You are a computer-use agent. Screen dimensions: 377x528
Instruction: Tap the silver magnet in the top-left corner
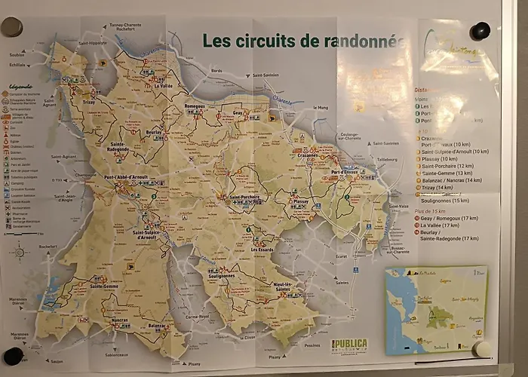click(x=11, y=27)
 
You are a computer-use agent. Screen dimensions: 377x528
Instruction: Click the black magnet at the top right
click(x=480, y=31)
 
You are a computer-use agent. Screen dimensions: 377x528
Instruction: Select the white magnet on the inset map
click(x=480, y=349)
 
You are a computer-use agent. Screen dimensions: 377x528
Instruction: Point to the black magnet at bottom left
click(x=13, y=356)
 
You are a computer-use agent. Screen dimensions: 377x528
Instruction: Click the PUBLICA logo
click(x=349, y=345)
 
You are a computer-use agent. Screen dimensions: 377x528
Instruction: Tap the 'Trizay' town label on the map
click(x=89, y=102)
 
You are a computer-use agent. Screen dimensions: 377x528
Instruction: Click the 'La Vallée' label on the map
click(x=164, y=86)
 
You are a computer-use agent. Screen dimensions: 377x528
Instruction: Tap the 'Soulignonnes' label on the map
click(x=221, y=276)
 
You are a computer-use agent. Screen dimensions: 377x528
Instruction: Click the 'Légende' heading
click(x=20, y=85)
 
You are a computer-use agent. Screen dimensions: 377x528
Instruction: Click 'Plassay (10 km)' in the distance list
click(x=438, y=159)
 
